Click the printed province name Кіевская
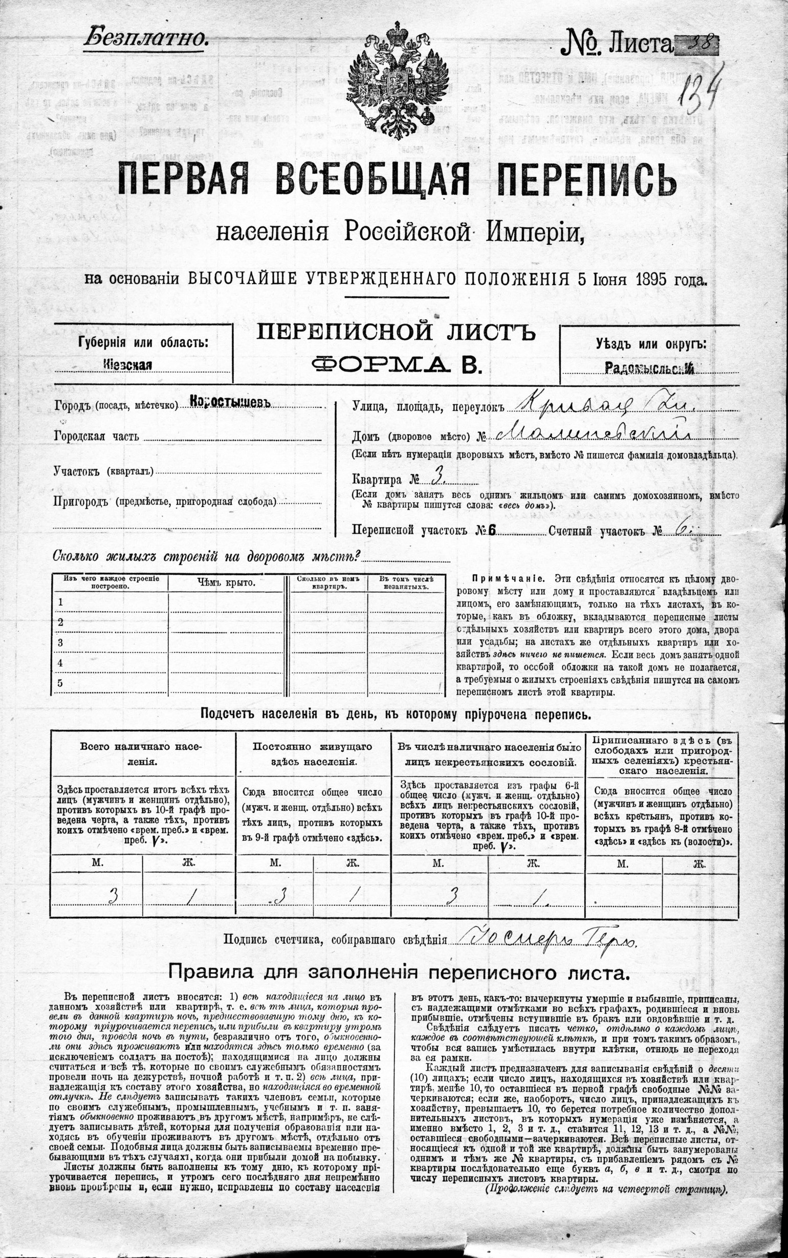tap(128, 364)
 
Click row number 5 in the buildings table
tap(60, 683)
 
